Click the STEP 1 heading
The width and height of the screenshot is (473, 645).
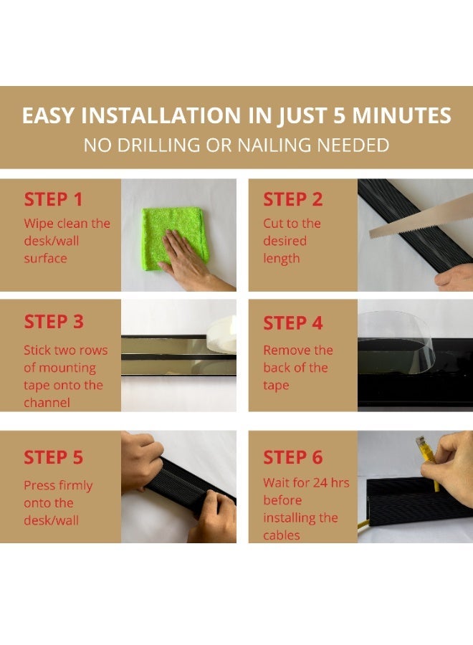coord(54,199)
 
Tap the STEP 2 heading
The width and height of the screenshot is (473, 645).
coord(293,199)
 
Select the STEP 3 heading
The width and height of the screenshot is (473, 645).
coord(54,322)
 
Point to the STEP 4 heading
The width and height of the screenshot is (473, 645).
coord(293,323)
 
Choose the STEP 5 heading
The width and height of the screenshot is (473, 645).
coord(54,457)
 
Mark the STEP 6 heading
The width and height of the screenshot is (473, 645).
coord(293,457)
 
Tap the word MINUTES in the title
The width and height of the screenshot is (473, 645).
coord(401,115)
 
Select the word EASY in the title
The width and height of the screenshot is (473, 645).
coord(49,115)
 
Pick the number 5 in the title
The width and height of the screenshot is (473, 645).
coord(339,115)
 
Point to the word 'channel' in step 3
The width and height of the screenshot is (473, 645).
coord(47,402)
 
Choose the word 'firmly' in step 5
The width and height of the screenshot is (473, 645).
coord(75,486)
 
